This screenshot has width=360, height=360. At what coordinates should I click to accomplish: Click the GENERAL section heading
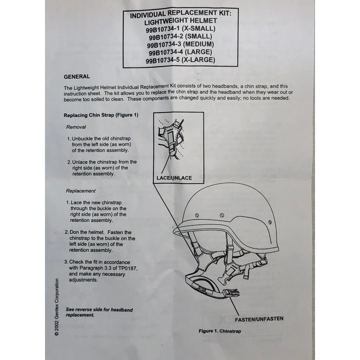point(77,76)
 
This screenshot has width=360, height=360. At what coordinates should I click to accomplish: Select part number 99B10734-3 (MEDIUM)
point(180,44)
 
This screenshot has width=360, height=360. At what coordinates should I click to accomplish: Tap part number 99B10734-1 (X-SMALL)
point(180,28)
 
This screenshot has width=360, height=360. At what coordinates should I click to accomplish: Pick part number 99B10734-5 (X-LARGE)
point(180,60)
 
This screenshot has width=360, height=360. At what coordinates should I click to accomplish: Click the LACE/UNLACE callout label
point(174,178)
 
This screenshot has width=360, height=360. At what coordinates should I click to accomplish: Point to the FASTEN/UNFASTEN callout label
point(259,319)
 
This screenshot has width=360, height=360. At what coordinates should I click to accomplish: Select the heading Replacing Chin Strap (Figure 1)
point(101,115)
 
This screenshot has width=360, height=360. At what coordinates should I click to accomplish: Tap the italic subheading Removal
point(76,127)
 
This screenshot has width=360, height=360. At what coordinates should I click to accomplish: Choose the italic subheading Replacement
point(81,191)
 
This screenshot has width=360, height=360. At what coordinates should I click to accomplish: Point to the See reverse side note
point(93,312)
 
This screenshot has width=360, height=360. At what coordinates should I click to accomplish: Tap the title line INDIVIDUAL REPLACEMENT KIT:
point(180,13)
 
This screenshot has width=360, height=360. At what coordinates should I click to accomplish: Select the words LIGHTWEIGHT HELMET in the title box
point(180,21)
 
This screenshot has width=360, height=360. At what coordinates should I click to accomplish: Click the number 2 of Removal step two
point(69,162)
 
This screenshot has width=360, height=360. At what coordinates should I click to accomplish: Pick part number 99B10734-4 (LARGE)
point(180,52)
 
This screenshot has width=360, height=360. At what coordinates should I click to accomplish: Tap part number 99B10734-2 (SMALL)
point(180,36)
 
